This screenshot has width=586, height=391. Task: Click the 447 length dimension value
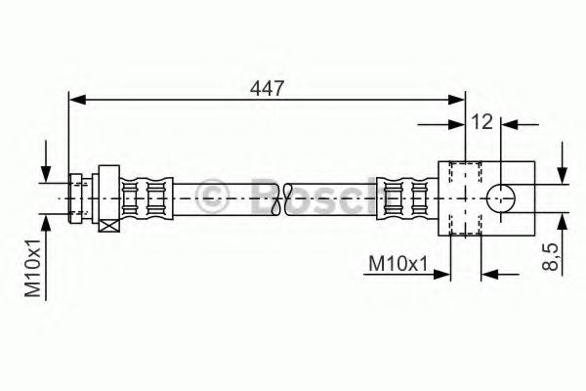pyautogui.click(x=266, y=89)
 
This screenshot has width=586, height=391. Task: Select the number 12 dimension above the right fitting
pyautogui.click(x=481, y=120)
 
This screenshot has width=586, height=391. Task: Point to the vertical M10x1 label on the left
pyautogui.click(x=33, y=268)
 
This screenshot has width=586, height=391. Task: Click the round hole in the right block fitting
pyautogui.click(x=502, y=196)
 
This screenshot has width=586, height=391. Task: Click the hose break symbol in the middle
pyautogui.click(x=284, y=197)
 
